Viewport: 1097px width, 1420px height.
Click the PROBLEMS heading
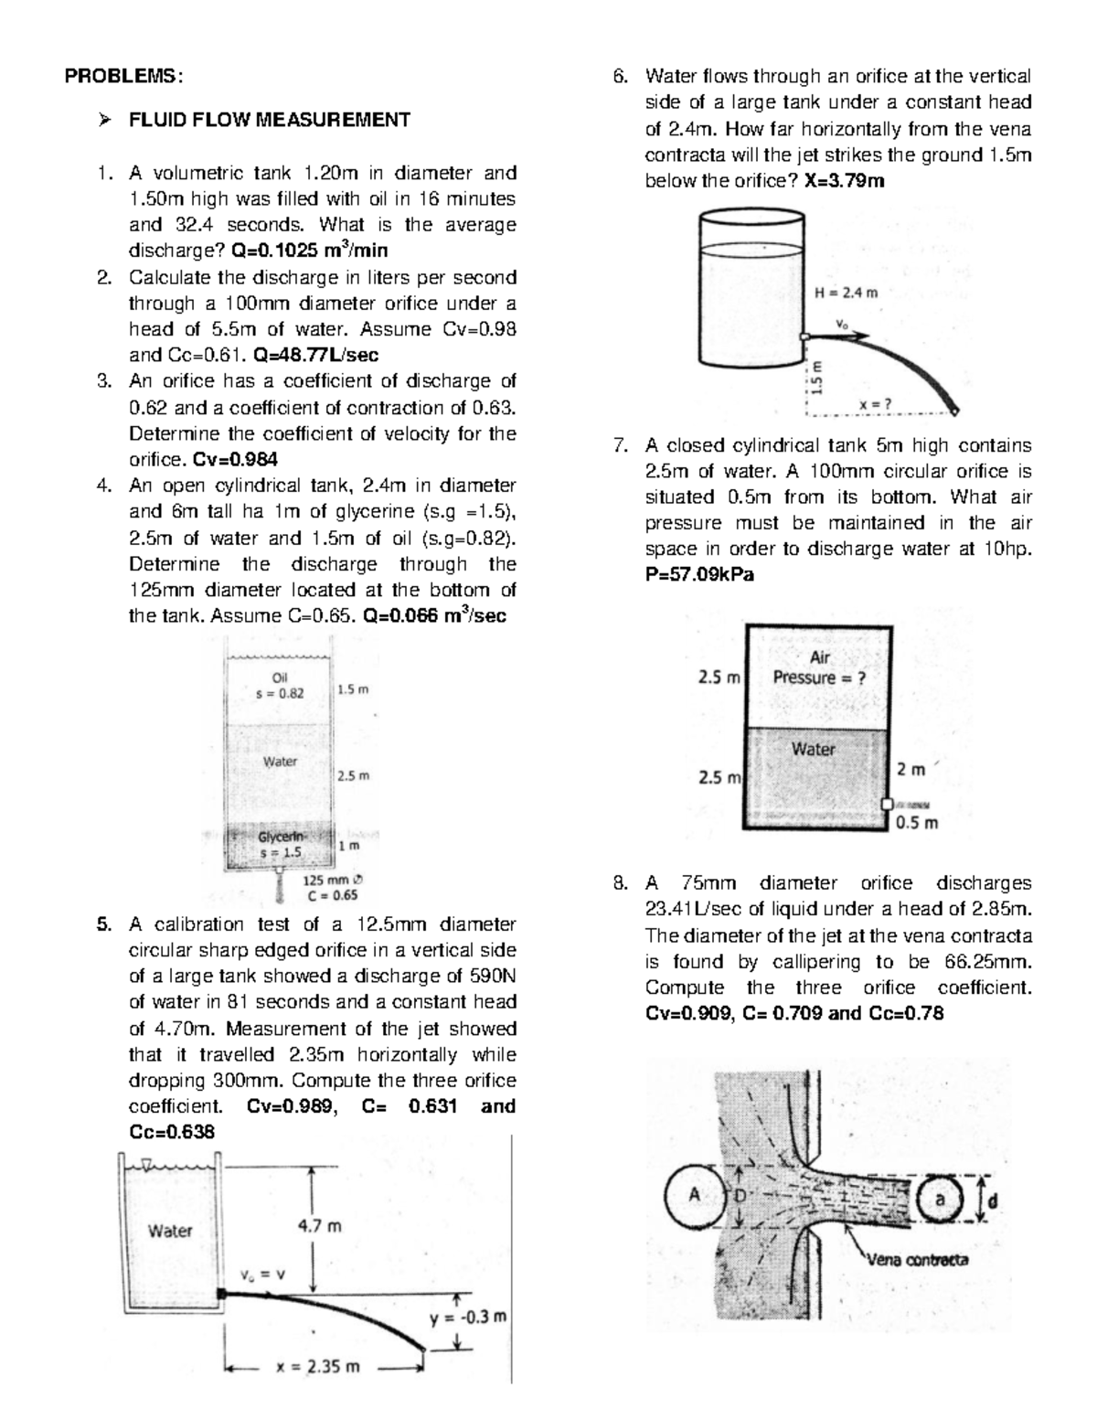122,77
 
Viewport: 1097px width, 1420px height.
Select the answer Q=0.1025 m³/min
309,251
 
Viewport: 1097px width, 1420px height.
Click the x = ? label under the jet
876,404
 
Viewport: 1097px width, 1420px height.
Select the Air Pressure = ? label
819,668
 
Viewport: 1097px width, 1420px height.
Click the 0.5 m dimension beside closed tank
917,822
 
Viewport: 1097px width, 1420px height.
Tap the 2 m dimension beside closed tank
911,770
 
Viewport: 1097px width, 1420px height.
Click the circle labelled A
694,1195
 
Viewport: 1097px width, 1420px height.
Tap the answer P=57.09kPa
699,575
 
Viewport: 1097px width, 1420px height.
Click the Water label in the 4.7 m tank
170,1231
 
